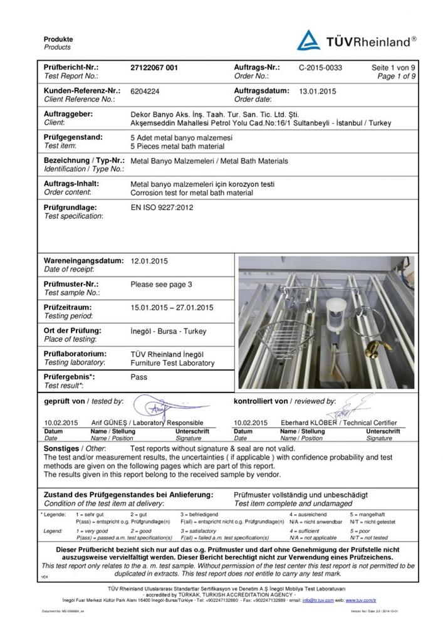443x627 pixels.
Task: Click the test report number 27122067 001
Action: tap(154, 66)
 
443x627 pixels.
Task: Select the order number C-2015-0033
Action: tap(320, 66)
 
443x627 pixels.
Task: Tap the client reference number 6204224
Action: tap(145, 91)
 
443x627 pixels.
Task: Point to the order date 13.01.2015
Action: tap(318, 91)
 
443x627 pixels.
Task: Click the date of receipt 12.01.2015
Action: tap(149, 260)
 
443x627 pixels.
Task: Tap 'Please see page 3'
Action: tap(161, 284)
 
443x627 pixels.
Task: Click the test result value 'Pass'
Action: tap(138, 377)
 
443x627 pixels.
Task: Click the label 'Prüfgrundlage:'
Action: tap(70, 207)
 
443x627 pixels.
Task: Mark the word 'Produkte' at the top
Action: tap(58, 40)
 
